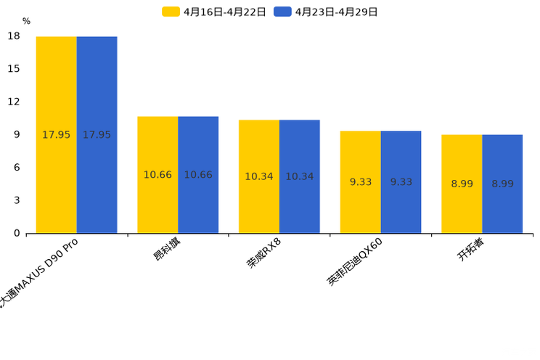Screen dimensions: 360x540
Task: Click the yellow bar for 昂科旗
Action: click(x=157, y=174)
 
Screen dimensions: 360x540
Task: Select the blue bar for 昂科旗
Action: click(x=198, y=174)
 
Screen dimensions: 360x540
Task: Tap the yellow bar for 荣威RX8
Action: click(x=259, y=176)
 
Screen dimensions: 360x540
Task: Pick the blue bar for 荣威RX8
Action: click(x=300, y=176)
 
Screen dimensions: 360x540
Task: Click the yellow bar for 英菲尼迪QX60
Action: click(x=360, y=181)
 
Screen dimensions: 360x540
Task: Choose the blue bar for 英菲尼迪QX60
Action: click(x=401, y=181)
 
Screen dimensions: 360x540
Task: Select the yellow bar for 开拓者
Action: click(x=462, y=184)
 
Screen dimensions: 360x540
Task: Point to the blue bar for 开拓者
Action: click(x=502, y=184)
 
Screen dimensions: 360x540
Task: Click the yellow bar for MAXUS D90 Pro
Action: click(x=57, y=134)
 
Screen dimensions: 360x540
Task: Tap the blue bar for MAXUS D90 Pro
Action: click(x=97, y=134)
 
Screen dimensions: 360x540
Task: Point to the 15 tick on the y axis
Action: click(x=14, y=69)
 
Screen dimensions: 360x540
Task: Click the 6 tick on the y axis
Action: click(x=17, y=168)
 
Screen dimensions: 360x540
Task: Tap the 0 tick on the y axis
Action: click(x=17, y=233)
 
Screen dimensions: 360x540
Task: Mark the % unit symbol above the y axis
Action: click(x=26, y=22)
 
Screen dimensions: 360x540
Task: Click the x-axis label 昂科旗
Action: click(x=168, y=249)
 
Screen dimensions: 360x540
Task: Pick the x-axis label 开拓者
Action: click(x=471, y=249)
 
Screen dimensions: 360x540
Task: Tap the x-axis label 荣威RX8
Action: click(x=263, y=253)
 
